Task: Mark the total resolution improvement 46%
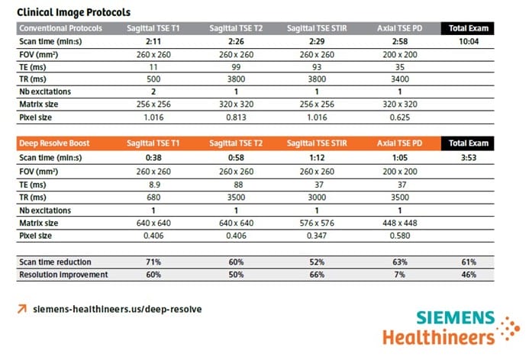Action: [468, 274]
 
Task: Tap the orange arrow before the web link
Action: [21, 310]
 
